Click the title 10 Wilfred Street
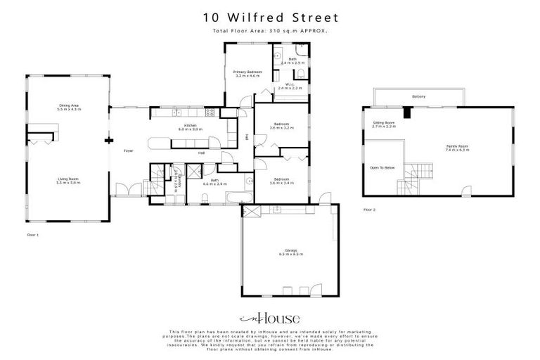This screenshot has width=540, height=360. (270, 17)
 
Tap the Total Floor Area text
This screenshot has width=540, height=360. (270, 31)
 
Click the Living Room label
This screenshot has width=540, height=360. (69, 181)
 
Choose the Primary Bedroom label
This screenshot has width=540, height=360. (247, 73)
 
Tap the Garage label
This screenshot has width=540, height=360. (290, 252)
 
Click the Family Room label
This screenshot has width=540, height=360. (457, 148)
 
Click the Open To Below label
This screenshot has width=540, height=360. (382, 168)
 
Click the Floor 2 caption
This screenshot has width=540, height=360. (370, 210)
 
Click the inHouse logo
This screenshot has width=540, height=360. (269, 318)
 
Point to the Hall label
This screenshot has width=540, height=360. (202, 153)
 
